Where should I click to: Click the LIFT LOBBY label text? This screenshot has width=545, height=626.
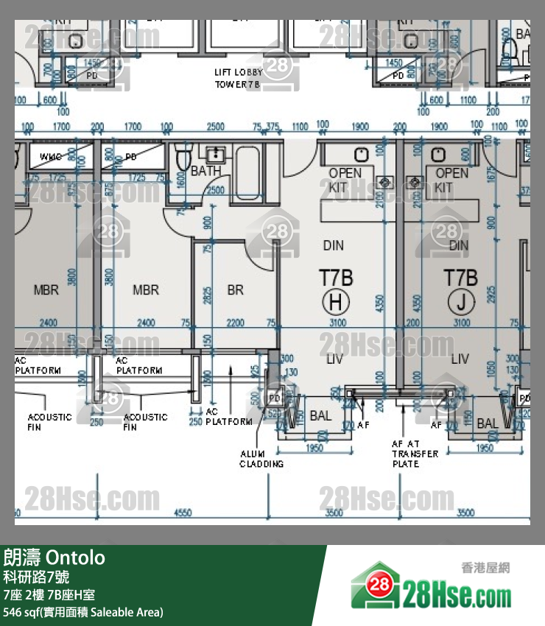(238, 73)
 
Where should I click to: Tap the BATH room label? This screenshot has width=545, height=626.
(206, 171)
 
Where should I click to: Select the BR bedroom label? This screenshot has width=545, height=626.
(235, 290)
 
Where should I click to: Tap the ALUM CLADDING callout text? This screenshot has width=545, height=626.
(261, 459)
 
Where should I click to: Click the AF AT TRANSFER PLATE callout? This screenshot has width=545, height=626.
(415, 454)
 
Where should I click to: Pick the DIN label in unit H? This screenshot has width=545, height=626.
(333, 245)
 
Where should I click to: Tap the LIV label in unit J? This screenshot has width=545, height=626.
(460, 359)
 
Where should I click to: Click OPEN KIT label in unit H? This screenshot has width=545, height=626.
(345, 180)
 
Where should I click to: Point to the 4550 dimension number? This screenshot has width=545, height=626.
(183, 513)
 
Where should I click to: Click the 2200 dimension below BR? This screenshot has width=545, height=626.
(235, 323)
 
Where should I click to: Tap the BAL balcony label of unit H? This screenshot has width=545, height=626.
(320, 416)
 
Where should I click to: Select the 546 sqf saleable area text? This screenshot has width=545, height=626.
(83, 612)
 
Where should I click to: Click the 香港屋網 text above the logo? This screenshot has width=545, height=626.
(485, 567)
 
